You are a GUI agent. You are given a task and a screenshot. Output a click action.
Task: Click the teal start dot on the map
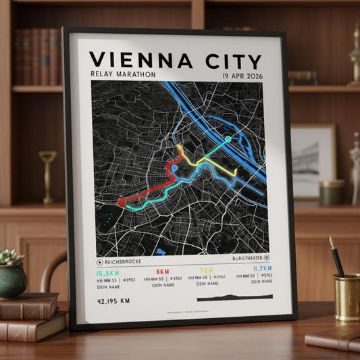coord(228,139)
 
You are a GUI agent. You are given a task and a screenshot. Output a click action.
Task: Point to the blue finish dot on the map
coord(175,168)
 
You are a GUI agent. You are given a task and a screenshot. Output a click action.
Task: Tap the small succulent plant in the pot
coord(12,257)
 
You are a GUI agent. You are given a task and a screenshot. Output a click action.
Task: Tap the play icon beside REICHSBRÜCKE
coord(101,261)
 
